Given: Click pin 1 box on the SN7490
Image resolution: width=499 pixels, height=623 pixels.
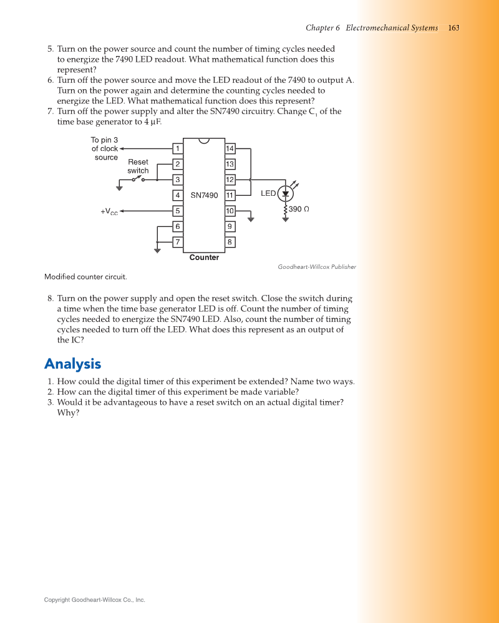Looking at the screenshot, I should click(178, 148).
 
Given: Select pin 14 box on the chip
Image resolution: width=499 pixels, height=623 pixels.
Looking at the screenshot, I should click(230, 148).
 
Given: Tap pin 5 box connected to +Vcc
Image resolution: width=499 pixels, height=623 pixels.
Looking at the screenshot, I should click(178, 211).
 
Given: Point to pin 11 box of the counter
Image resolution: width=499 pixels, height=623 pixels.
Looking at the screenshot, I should click(230, 195).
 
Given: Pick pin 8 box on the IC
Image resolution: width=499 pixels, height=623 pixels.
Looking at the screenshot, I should click(230, 242).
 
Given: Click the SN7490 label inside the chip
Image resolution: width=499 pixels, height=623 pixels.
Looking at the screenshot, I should click(204, 195).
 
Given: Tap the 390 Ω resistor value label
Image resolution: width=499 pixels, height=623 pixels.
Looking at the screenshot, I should click(299, 209).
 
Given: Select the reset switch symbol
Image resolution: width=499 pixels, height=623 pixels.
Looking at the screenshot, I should click(138, 180).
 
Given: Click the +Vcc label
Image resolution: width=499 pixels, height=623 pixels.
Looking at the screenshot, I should click(109, 212).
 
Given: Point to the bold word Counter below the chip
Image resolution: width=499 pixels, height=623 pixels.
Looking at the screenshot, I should click(204, 258).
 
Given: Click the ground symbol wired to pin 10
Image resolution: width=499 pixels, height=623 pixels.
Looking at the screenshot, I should click(251, 218).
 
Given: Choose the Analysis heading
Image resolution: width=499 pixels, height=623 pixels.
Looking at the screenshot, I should click(72, 364).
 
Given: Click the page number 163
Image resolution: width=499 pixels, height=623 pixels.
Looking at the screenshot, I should click(453, 28).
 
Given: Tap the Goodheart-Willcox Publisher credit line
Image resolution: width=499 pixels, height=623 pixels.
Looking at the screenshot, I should click(317, 267).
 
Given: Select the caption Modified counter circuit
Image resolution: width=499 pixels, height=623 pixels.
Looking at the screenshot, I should click(85, 276).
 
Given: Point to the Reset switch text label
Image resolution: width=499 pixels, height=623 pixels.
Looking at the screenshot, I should click(138, 167).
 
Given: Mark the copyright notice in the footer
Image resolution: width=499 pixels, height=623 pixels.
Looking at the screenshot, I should click(94, 600).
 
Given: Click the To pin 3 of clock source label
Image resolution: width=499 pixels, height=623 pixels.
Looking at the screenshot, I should click(105, 149).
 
